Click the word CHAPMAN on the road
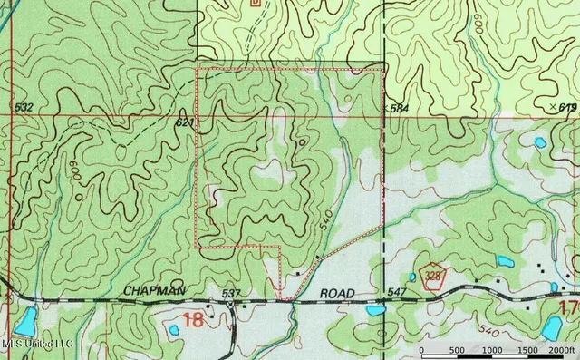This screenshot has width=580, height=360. (155, 290)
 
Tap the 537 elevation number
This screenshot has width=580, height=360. (230, 294)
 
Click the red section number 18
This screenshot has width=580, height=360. (193, 319)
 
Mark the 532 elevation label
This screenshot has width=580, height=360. (24, 108)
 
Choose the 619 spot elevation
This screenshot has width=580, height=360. (568, 108)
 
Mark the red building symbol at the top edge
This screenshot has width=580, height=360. (256, 3)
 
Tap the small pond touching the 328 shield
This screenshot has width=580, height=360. (412, 277)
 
